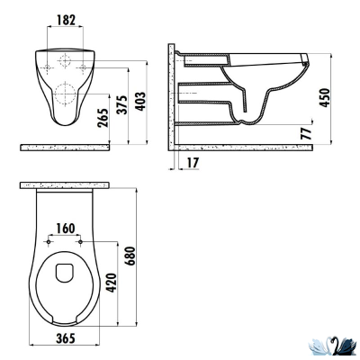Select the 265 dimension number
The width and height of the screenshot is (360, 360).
pos(113,117)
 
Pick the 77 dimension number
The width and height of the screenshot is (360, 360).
pos(309,132)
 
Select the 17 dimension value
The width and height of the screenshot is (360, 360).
pos(194,163)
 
